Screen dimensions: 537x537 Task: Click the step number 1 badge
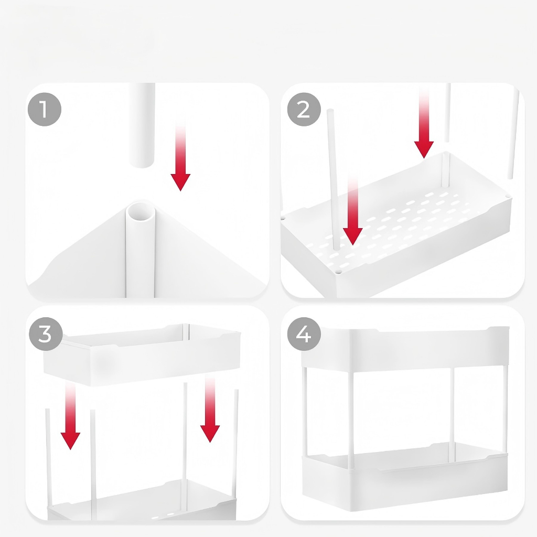coord(44,109)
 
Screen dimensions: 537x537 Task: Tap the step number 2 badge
coord(304,109)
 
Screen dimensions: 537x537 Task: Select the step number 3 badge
coord(46,334)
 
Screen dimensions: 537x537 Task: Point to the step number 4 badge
coord(304,334)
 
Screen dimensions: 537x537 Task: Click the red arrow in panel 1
coord(180,154)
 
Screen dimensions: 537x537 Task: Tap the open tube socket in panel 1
coord(141,212)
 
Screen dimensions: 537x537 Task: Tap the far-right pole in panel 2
coord(513,134)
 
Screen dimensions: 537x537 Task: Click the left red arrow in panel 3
coord(71,416)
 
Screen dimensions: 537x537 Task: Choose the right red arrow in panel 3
coord(210,409)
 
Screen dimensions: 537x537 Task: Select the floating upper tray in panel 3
coord(142,355)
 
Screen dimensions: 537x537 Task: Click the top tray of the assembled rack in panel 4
coord(405,349)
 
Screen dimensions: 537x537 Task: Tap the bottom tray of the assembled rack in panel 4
coord(405,477)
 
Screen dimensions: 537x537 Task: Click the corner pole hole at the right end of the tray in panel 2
coord(508,197)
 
